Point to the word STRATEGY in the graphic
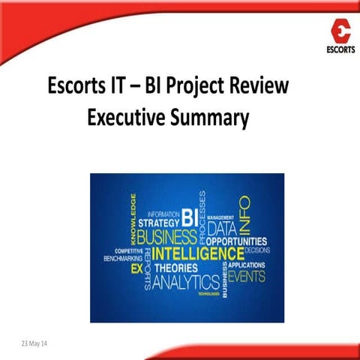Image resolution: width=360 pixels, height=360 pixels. tap(158, 222)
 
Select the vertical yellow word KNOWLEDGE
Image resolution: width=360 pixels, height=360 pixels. tap(133, 217)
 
